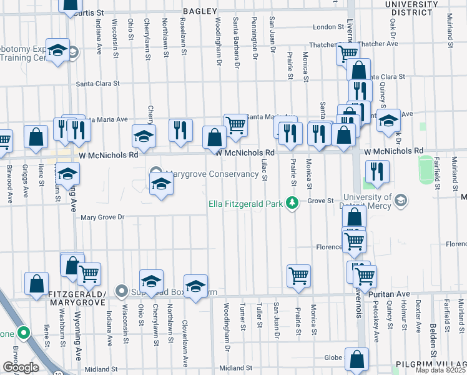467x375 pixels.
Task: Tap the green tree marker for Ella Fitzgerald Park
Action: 291,202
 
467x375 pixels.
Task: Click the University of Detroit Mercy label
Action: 358,201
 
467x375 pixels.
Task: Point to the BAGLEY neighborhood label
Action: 200,11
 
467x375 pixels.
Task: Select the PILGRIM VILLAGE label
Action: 431,364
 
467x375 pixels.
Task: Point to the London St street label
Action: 325,27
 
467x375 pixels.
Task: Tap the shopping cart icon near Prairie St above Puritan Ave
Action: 298,274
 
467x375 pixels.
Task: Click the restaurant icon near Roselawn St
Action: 180,130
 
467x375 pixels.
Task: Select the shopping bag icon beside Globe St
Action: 356,359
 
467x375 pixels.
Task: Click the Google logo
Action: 20,367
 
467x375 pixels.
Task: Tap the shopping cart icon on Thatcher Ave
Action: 347,52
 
